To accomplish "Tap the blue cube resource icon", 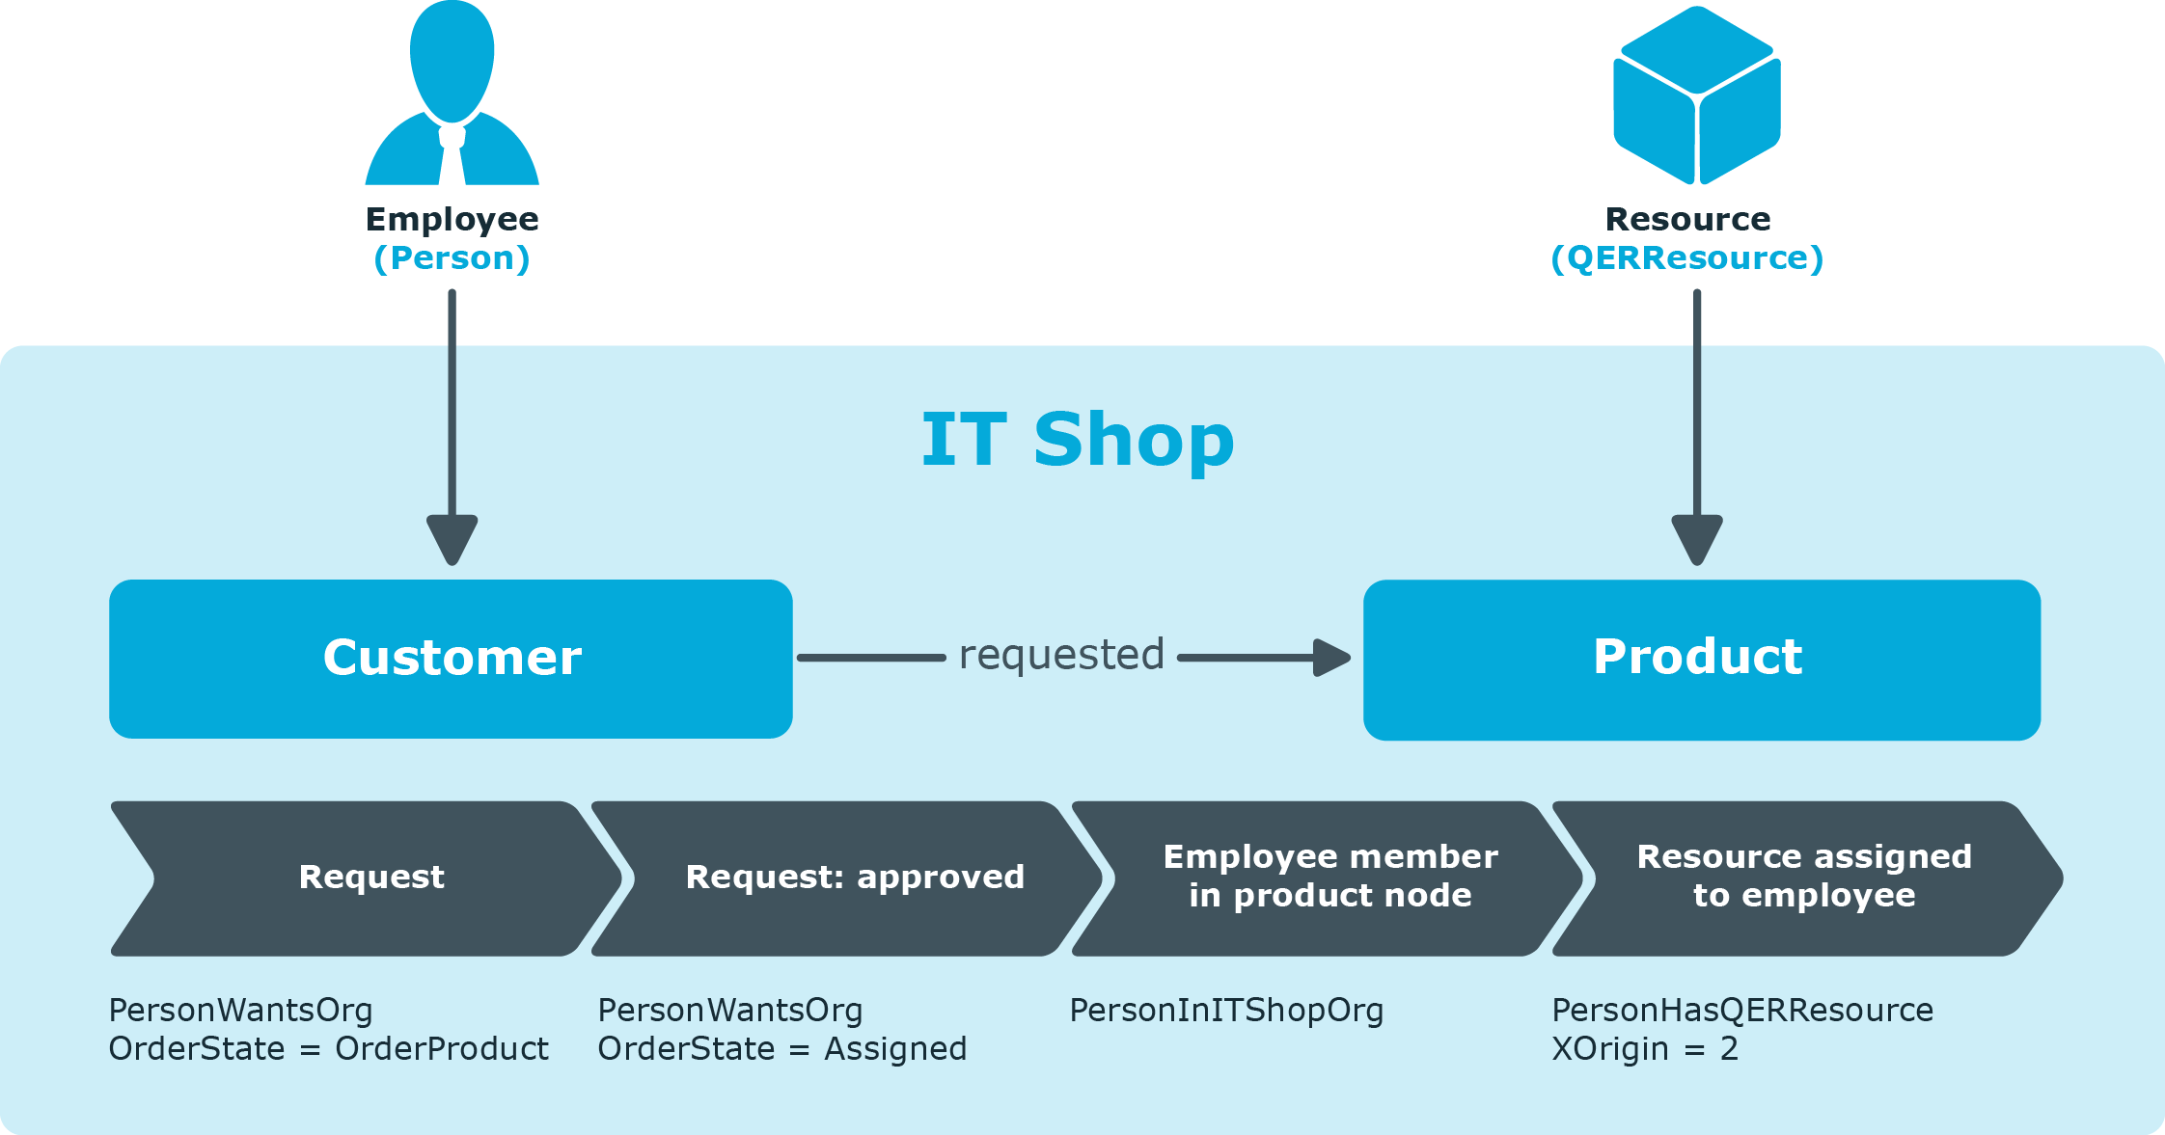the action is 1697,95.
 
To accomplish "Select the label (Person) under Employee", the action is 452,258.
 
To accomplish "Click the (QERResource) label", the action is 1687,258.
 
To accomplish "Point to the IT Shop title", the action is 1078,440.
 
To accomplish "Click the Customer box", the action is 451,659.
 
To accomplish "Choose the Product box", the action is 1702,660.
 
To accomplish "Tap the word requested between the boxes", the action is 1061,656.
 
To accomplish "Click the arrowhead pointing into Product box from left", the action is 1332,658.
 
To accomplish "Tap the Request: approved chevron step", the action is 847,878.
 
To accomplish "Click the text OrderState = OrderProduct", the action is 328,1049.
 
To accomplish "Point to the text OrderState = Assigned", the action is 782,1049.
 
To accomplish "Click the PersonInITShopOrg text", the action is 1226,1011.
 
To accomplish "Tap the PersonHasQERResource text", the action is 1742,1011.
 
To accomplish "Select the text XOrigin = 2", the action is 1645,1049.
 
